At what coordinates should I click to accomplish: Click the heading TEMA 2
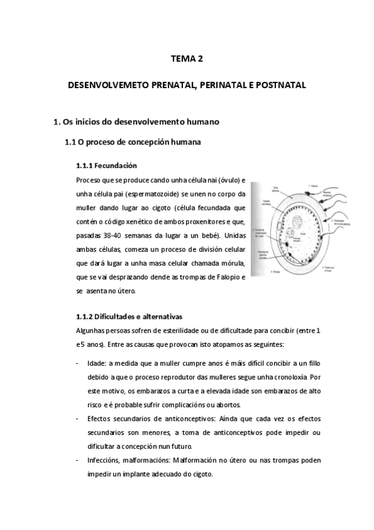[x=187, y=59]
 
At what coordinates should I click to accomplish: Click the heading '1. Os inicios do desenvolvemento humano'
[x=137, y=121]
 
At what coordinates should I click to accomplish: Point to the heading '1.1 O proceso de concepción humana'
[x=133, y=142]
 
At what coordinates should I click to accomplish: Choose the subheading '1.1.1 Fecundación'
[x=106, y=166]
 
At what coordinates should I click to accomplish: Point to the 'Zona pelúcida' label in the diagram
[x=275, y=188]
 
